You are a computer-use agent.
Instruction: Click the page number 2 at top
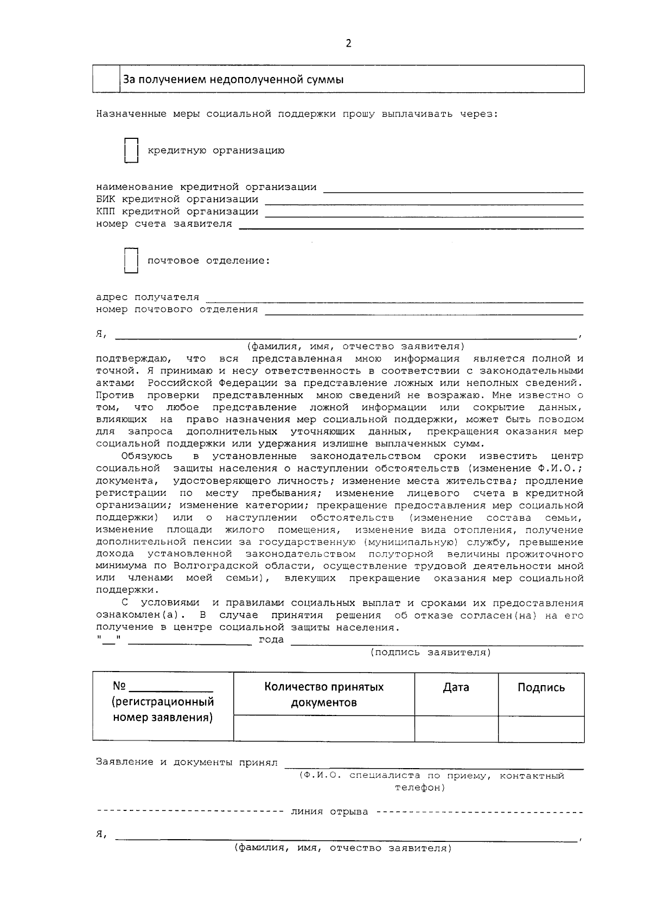coord(348,44)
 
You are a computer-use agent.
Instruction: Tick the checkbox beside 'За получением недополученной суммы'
coord(106,79)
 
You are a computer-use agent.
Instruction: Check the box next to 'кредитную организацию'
coord(131,150)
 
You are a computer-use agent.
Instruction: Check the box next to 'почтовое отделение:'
coord(131,260)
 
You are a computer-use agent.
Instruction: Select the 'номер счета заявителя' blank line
coord(411,226)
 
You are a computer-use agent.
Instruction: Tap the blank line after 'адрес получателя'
coord(394,299)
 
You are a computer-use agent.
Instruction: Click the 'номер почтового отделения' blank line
coord(423,312)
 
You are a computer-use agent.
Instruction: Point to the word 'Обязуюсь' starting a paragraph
coord(147,456)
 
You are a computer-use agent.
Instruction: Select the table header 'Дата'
coord(456,688)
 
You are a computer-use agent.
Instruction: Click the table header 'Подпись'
coord(541,688)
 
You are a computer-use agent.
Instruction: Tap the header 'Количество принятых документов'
coord(324,695)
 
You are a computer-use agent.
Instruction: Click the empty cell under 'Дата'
coord(456,729)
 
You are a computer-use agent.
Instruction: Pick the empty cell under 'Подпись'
coord(541,729)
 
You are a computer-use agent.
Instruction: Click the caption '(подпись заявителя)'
coord(431,653)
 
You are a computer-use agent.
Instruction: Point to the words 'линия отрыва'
coord(329,812)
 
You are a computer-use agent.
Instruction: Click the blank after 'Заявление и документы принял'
coord(434,765)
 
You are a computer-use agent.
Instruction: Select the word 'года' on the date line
coord(271,640)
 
